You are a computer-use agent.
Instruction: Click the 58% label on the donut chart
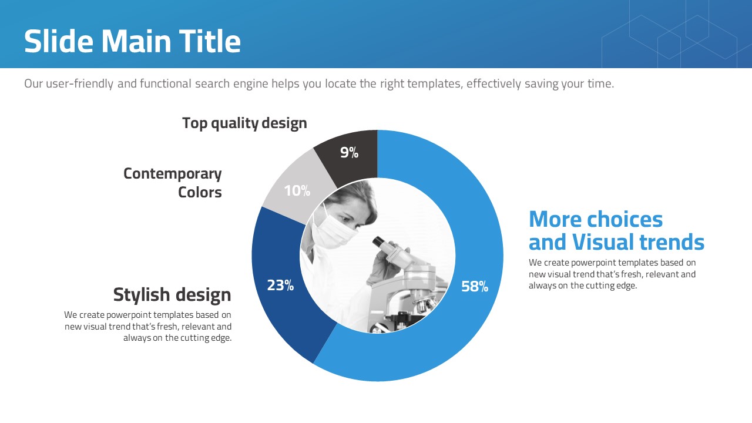click(x=474, y=286)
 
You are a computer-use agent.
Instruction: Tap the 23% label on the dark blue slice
click(x=280, y=286)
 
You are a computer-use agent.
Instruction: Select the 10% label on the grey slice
click(x=297, y=191)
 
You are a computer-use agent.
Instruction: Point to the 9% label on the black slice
click(x=350, y=152)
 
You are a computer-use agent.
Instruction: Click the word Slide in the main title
click(x=59, y=41)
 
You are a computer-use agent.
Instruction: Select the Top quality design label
click(x=244, y=123)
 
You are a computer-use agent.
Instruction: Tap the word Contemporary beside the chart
click(x=173, y=174)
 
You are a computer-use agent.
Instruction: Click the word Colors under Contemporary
click(x=200, y=192)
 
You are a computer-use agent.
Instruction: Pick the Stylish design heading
click(x=172, y=295)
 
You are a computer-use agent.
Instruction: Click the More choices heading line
click(x=596, y=219)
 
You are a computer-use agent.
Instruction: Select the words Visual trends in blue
click(x=638, y=241)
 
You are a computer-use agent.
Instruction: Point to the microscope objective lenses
click(x=425, y=304)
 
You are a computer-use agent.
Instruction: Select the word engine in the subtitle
click(x=250, y=84)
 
